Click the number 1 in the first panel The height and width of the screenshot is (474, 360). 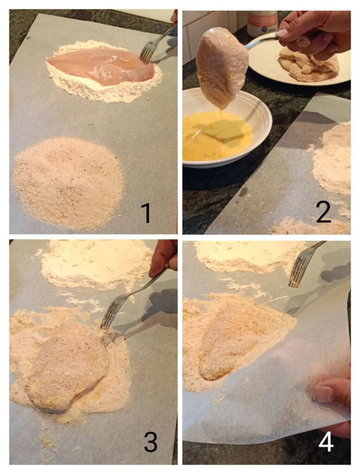(x=146, y=213)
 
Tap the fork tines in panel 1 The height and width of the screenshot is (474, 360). (x=147, y=53)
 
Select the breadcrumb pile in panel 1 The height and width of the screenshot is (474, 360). (x=68, y=182)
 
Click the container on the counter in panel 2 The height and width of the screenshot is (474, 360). (x=262, y=23)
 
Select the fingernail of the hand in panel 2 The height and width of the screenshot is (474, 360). (x=282, y=33)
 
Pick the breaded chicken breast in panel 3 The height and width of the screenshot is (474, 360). (x=68, y=366)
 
